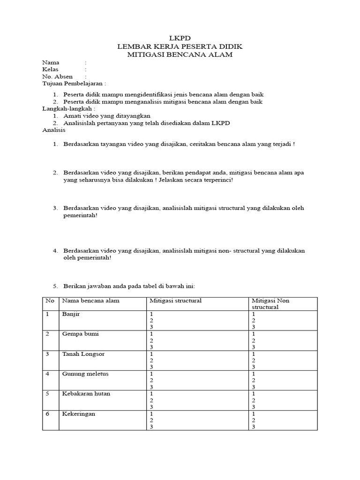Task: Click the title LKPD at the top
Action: click(180, 38)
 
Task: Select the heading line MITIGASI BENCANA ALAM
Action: click(180, 55)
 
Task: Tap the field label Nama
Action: click(51, 62)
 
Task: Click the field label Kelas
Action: click(51, 69)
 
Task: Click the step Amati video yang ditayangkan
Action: click(107, 115)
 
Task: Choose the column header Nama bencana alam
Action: click(90, 300)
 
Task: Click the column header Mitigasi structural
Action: click(175, 300)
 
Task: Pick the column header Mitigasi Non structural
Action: click(270, 304)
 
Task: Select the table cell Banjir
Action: click(71, 314)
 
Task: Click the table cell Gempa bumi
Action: click(80, 334)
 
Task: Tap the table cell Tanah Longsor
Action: click(83, 354)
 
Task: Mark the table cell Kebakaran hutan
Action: click(86, 394)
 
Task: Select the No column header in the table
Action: click(49, 300)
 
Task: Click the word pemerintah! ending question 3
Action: click(81, 215)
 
